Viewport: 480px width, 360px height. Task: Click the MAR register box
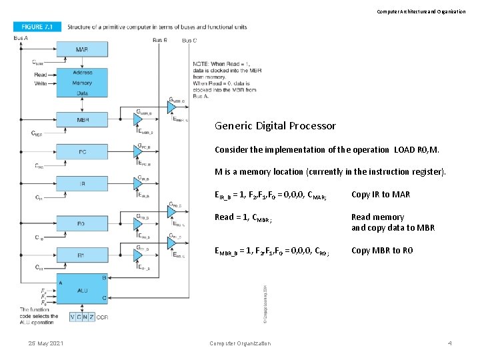pos(82,50)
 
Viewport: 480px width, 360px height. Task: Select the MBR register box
pos(82,121)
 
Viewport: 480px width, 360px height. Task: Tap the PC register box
pos(82,152)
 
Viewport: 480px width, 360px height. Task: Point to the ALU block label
pos(83,290)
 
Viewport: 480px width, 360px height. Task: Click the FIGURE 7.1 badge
pos(37,27)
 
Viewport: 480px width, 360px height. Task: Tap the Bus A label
pos(21,38)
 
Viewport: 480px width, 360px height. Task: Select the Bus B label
pos(160,40)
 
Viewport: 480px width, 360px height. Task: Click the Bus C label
pos(189,40)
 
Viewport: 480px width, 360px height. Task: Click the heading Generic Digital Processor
pos(275,125)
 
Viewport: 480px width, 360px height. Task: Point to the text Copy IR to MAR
pos(381,195)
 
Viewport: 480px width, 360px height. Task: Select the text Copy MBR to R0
pos(382,250)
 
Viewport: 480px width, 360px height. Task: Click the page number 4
pos(450,343)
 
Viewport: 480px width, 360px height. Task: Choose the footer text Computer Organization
pos(240,343)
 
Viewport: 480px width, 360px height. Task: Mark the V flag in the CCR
pos(73,317)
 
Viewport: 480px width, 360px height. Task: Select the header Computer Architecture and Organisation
pos(421,11)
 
